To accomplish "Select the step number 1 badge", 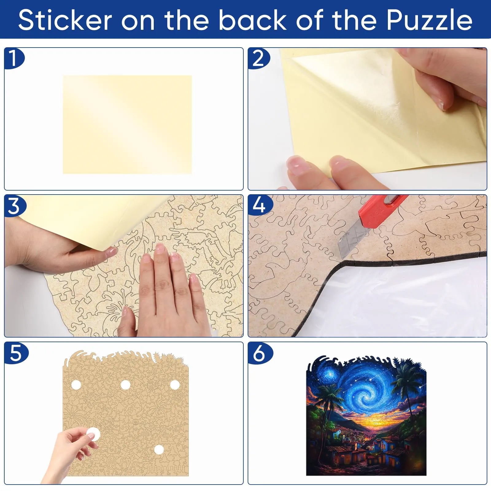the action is tap(14, 58).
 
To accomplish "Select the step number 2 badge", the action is tap(259, 58).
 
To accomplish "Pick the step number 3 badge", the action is tap(14, 205).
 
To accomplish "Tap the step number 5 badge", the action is tap(15, 353).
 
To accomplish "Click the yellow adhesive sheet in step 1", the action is tap(127, 125).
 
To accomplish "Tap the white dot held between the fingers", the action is tap(93, 435).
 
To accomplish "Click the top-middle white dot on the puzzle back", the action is tap(125, 385).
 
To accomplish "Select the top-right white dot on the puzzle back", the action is tap(175, 385).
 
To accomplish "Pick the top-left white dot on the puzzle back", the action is tap(76, 385).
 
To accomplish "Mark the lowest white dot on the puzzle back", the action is tap(159, 450).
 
